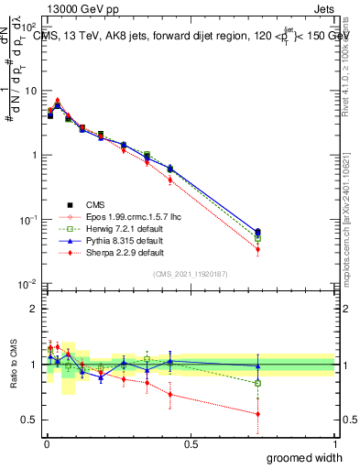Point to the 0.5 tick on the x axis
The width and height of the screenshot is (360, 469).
coord(190,443)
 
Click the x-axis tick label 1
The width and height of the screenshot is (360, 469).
coord(334,443)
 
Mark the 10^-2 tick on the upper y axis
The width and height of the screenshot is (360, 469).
coord(27,285)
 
